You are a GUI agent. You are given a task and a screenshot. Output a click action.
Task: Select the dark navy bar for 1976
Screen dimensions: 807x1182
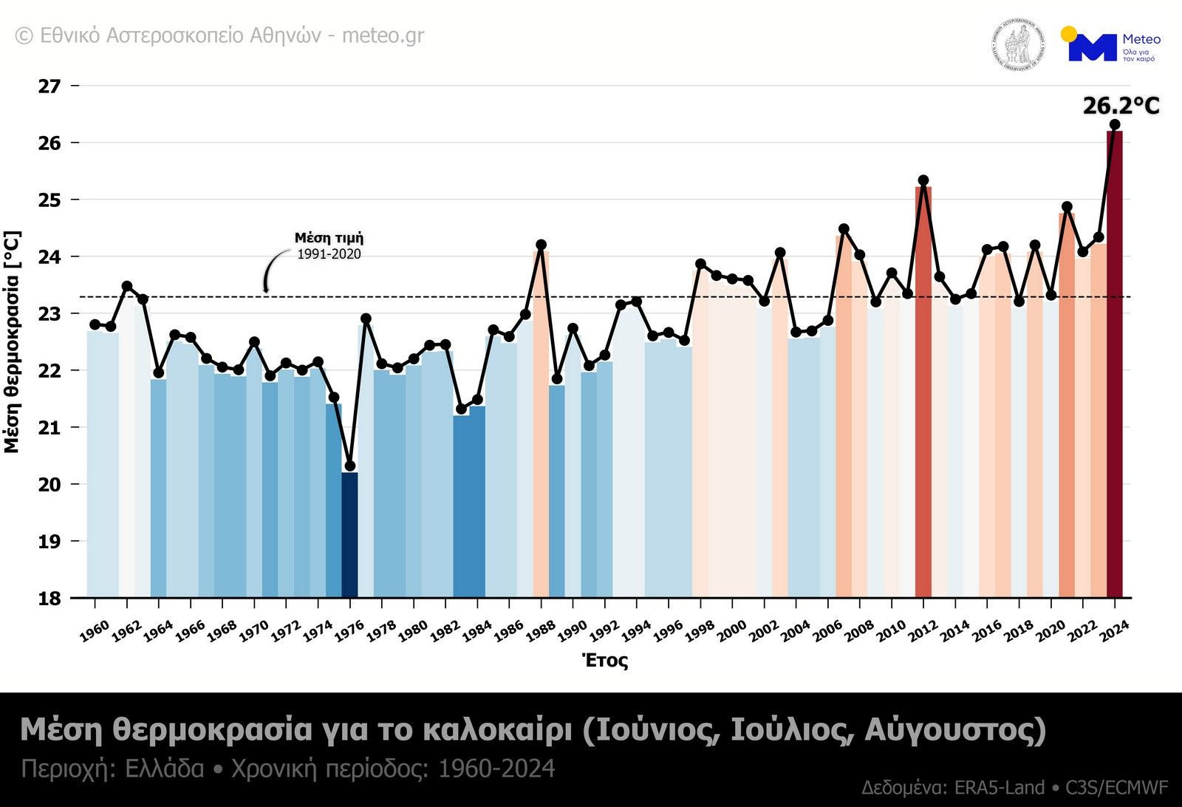point(349,536)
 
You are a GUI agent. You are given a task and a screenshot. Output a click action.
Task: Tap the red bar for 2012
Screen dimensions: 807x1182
point(923,392)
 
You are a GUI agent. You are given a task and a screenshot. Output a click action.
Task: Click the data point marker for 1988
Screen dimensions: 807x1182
point(541,245)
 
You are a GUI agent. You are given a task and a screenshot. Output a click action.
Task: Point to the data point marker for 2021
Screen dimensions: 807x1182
point(1067,207)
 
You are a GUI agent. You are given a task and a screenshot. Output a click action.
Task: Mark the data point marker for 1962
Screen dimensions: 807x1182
point(127,286)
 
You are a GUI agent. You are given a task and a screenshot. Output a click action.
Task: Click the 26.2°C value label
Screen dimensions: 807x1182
point(1121,106)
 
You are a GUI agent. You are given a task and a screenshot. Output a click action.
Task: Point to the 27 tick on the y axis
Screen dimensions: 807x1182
point(49,86)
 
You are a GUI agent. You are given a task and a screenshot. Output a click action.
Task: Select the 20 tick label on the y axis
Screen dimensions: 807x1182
point(49,485)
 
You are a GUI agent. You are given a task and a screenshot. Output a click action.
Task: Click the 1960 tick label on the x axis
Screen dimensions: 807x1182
point(95,630)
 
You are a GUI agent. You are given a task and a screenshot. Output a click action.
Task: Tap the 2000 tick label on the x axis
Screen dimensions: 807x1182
point(731,630)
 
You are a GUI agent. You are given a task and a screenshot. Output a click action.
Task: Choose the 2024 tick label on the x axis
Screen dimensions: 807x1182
point(1114,630)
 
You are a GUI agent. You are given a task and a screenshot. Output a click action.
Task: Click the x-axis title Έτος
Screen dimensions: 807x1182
point(605,660)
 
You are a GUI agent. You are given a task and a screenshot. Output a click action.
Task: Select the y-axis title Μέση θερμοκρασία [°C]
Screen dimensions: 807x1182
point(12,341)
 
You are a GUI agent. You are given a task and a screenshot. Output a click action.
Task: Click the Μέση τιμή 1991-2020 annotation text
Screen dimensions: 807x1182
point(329,246)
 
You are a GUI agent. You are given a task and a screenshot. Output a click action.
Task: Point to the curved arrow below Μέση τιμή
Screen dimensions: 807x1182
point(273,269)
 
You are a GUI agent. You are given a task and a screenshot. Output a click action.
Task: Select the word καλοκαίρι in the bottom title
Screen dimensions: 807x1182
point(496,730)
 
